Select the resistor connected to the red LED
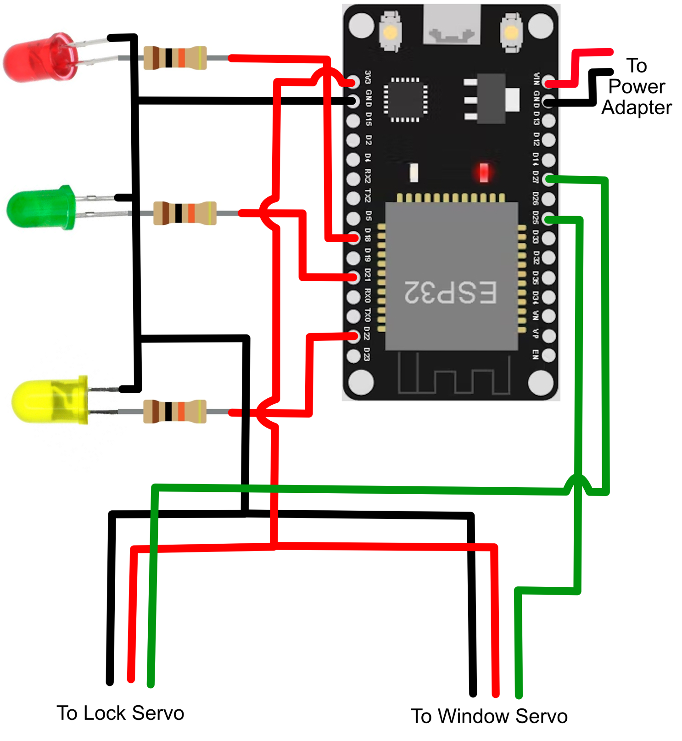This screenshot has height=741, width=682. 175,58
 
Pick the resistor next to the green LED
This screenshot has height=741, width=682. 184,213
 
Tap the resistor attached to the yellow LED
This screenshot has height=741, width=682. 175,411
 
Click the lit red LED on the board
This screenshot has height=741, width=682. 483,172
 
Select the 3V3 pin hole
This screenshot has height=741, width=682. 353,82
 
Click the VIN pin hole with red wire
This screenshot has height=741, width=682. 548,83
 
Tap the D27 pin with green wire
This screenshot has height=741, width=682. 548,179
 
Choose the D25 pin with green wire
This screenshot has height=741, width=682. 548,218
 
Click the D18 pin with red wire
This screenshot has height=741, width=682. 353,237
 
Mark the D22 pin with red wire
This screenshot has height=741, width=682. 353,336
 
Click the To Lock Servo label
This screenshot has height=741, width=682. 120,713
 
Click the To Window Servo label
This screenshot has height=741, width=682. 489,716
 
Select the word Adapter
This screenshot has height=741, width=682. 636,107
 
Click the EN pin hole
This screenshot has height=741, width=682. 548,355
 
